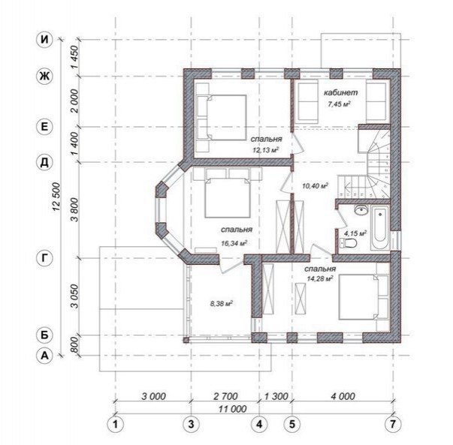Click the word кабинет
(x=340, y=92)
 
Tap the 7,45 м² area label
(x=339, y=104)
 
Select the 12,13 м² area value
(x=266, y=150)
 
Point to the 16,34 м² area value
(x=234, y=243)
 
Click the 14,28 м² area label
(x=320, y=278)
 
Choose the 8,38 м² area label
(x=222, y=303)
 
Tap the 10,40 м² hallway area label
(x=315, y=185)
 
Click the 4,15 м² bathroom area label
(x=355, y=233)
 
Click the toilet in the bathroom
(x=349, y=243)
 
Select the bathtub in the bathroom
(x=380, y=228)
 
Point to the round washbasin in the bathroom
(x=361, y=209)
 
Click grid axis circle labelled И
(x=44, y=39)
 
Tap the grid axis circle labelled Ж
(x=44, y=77)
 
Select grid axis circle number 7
(x=393, y=424)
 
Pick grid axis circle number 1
(x=116, y=424)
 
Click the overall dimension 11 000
(x=233, y=409)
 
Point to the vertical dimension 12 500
(x=56, y=197)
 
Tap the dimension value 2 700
(x=225, y=396)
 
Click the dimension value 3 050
(x=74, y=296)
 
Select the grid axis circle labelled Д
(x=44, y=163)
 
